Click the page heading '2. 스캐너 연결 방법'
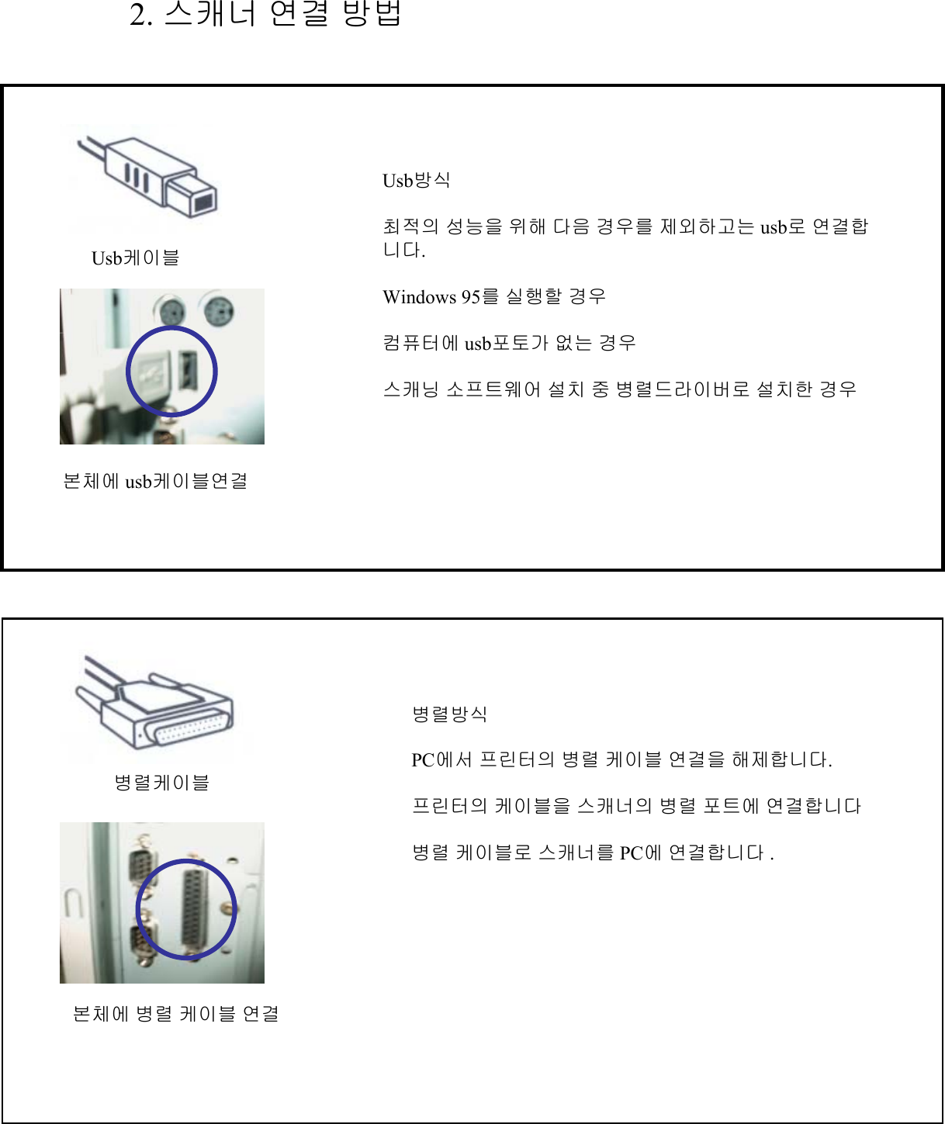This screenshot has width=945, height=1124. [265, 14]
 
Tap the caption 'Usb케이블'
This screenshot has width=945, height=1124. [135, 258]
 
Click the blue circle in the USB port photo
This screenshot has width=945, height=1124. [171, 372]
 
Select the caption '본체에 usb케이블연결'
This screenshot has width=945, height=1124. [155, 481]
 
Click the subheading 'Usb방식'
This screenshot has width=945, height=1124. [416, 181]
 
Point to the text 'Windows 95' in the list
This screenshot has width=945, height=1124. [431, 297]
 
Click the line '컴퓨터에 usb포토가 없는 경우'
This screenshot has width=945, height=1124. [509, 343]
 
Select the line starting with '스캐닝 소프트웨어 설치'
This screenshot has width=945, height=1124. [619, 389]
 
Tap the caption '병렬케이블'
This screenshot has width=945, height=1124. [161, 783]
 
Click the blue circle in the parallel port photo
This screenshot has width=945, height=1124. [186, 909]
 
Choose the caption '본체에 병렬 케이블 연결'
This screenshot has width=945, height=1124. [175, 1014]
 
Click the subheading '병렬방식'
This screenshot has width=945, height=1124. [449, 714]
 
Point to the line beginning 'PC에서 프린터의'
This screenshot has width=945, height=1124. [621, 760]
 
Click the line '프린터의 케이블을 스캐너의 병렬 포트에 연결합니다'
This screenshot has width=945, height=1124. [636, 807]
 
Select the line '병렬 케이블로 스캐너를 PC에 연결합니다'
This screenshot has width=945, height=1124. [592, 853]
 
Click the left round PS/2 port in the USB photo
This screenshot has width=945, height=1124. [170, 313]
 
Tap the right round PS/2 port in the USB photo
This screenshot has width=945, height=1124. [220, 313]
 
